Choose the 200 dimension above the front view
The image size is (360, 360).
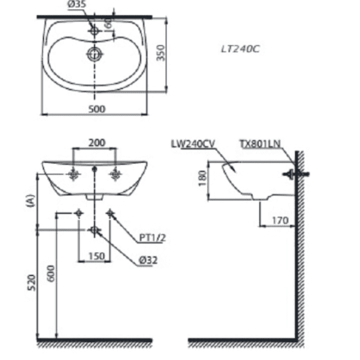click(x=96, y=142)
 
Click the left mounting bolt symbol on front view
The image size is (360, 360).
click(x=74, y=174)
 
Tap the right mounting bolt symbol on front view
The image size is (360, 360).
click(x=116, y=174)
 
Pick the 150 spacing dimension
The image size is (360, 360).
click(x=96, y=256)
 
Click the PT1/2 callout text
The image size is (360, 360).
click(x=152, y=238)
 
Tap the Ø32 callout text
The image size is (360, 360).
click(x=149, y=260)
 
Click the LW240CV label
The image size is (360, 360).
click(x=192, y=143)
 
